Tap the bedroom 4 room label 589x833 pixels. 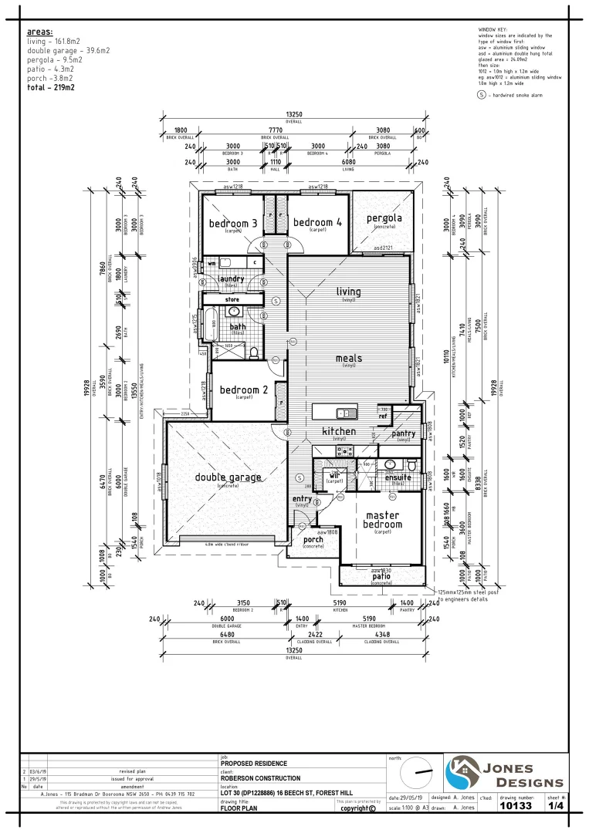click(x=317, y=222)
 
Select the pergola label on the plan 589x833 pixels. click(x=384, y=218)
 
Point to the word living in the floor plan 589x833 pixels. click(x=348, y=292)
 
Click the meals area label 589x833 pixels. click(x=349, y=358)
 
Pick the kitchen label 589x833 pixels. click(x=339, y=431)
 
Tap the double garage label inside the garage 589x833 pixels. click(x=228, y=477)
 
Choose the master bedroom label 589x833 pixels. click(x=384, y=520)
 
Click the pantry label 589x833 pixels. click(x=403, y=434)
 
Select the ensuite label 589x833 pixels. click(x=398, y=478)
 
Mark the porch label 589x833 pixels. click(x=313, y=539)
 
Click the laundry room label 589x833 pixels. click(x=232, y=279)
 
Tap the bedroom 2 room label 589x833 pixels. click(x=244, y=390)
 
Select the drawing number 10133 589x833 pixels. click(x=516, y=805)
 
